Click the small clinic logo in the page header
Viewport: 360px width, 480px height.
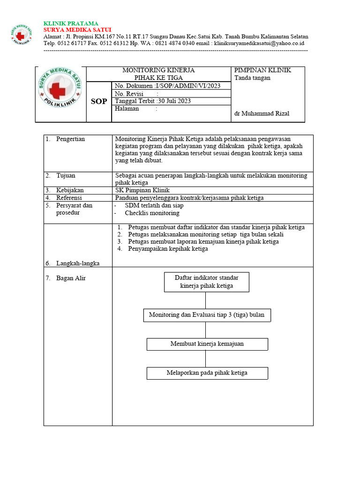tap(21, 35)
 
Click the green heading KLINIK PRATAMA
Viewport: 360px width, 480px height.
tap(71, 23)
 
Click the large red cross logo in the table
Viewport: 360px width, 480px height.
tap(61, 94)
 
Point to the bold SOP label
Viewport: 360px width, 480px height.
tap(99, 102)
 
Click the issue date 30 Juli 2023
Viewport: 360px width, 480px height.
tap(174, 101)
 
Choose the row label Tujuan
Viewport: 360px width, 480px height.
tap(66, 175)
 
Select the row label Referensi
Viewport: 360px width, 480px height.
tap(69, 198)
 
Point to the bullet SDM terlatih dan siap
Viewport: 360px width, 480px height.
tap(154, 205)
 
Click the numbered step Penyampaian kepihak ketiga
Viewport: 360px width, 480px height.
tap(168, 249)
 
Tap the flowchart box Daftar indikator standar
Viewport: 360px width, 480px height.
tap(207, 282)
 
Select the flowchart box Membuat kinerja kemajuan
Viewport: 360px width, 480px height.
tap(207, 344)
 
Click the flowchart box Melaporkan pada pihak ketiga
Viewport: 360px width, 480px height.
tap(207, 373)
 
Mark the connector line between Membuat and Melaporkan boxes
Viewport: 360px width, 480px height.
tap(206, 359)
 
